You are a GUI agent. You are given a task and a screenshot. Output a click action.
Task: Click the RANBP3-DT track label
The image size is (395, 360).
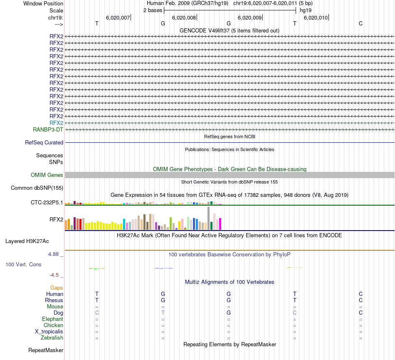click(48, 129)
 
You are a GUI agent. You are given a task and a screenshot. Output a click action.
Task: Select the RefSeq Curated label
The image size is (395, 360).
click(44, 142)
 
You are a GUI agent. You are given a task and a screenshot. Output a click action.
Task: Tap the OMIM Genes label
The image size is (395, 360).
click(47, 175)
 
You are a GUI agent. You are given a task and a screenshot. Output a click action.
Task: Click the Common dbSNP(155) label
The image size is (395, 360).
click(37, 188)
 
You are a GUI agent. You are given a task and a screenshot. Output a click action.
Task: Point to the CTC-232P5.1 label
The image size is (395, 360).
click(47, 203)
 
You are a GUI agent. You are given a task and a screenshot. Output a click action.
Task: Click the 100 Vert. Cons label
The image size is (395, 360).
click(24, 264)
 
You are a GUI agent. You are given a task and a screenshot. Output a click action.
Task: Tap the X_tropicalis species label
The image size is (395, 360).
click(49, 331)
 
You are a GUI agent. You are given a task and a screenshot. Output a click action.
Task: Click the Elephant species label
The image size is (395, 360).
click(52, 319)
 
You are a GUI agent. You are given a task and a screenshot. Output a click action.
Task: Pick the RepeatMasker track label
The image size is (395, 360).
click(46, 350)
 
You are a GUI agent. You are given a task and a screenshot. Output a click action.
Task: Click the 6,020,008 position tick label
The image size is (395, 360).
click(184, 17)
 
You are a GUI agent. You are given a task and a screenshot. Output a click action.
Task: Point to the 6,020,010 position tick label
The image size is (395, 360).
click(316, 17)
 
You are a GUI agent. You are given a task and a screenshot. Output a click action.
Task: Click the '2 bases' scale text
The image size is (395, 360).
click(153, 10)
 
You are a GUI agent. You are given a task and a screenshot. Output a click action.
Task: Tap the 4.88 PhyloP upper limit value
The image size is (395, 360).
click(55, 254)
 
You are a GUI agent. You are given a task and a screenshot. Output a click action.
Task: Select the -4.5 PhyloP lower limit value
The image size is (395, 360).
click(55, 275)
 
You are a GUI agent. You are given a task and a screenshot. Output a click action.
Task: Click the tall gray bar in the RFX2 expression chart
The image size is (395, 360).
click(208, 218)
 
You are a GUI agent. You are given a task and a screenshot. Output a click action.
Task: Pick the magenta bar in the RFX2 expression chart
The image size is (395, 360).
click(220, 224)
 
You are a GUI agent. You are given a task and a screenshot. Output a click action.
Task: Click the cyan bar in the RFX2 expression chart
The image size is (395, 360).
click(124, 224)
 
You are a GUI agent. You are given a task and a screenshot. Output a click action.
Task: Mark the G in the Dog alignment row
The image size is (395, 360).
click(228, 313)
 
